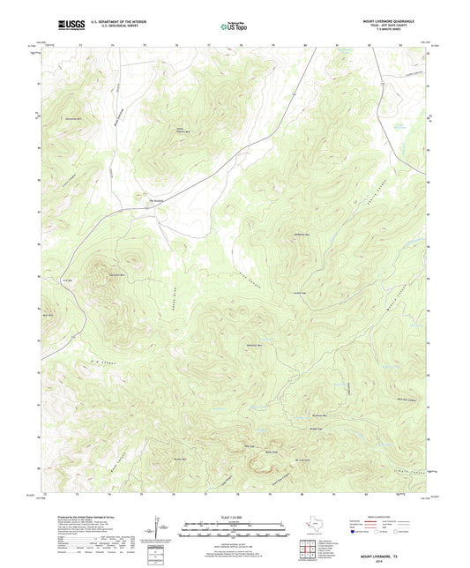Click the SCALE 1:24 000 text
point(235,516)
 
